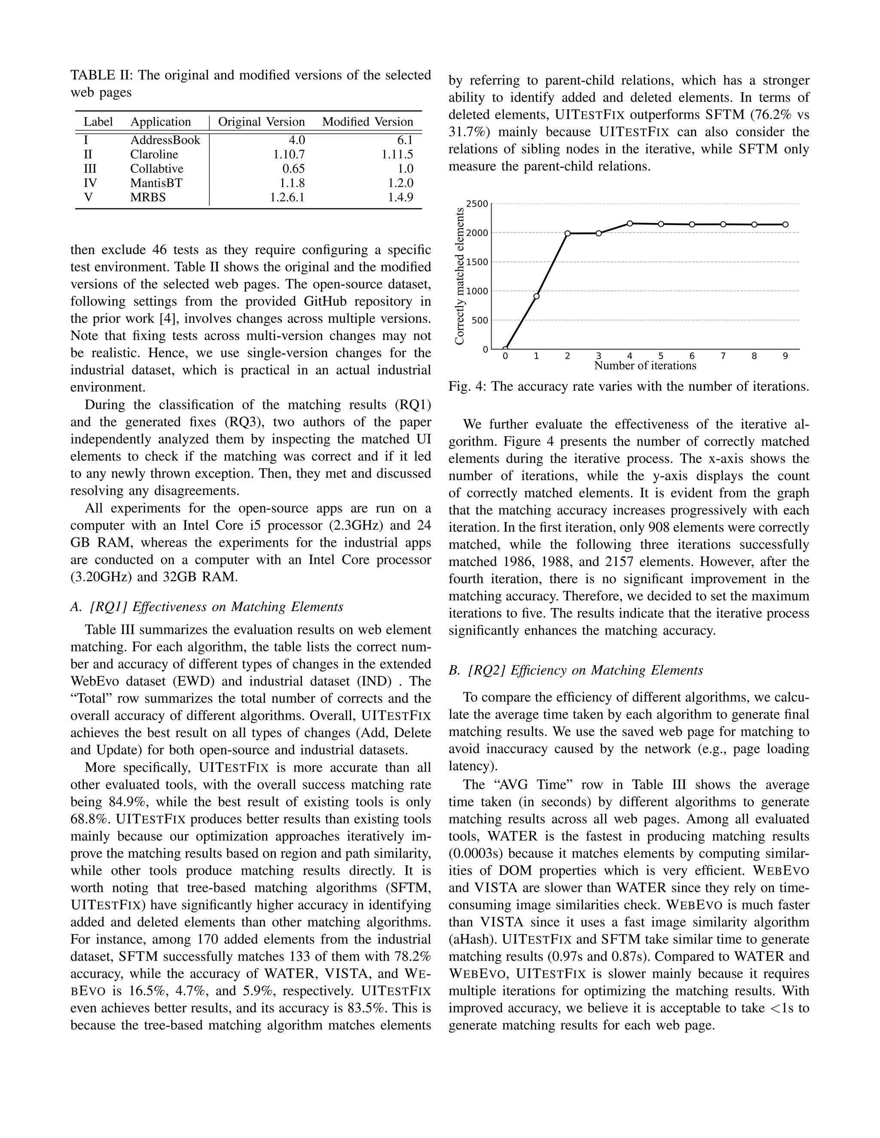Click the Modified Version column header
[x=367, y=122]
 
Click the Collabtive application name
[x=156, y=169]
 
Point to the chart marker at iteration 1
[x=536, y=296]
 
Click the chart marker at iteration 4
[x=630, y=224]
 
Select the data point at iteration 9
[x=785, y=225]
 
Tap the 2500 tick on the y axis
[x=477, y=204]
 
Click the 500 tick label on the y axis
[x=480, y=320]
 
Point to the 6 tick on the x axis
[x=692, y=356]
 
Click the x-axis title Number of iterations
[x=645, y=366]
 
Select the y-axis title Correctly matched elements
[x=459, y=276]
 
